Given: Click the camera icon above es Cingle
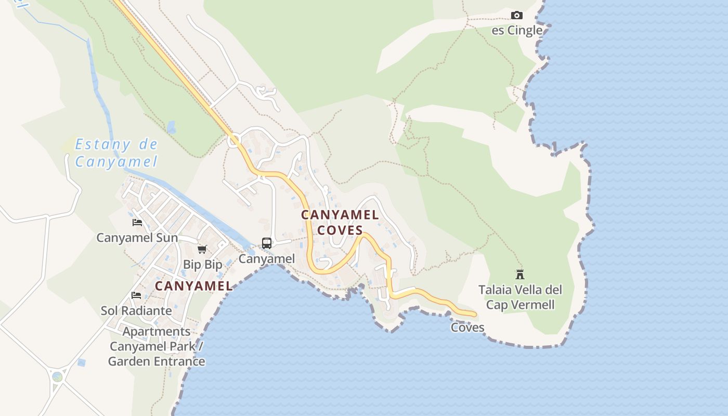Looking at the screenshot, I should point(516,15).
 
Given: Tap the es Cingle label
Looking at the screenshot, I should point(517,30).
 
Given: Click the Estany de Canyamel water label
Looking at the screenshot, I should point(116,153).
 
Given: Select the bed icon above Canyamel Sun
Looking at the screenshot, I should point(137,223).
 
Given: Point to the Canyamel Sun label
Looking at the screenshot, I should point(137,238).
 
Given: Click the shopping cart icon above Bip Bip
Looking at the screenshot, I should point(202,250).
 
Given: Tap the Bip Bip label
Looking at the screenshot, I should point(202,264).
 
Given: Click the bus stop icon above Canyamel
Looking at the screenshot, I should point(267,243).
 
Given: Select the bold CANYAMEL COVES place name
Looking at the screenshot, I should point(340,222).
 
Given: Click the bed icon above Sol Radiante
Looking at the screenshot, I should point(136,295).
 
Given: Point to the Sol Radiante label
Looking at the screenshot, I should point(136,310).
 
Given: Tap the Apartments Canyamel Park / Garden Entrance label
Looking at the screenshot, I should point(157,346).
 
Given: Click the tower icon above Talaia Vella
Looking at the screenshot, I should point(519,274).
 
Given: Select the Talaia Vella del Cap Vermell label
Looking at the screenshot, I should point(520,297).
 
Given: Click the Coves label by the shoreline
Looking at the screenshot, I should point(467,328).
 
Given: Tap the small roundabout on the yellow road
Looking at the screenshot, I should point(234,139).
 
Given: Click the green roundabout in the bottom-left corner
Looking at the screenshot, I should point(57,376).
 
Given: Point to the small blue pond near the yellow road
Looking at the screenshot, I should point(171,127).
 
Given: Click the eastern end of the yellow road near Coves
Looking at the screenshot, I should point(473,314).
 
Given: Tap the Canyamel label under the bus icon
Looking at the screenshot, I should point(267,258).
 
